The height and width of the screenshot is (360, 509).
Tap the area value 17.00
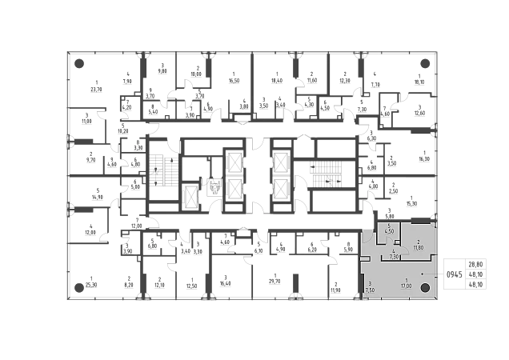click(407, 286)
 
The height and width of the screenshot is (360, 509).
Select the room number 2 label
click(418, 242)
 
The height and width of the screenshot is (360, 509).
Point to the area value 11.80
click(418, 248)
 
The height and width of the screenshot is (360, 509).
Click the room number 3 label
click(370, 282)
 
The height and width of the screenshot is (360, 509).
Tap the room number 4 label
click(394, 252)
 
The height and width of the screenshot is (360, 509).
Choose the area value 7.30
click(394, 258)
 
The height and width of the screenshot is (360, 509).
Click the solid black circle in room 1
click(427, 289)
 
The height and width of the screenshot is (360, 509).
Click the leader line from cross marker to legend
click(436, 274)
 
